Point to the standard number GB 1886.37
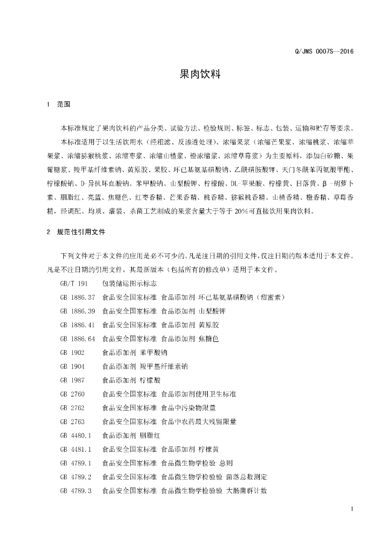pos(78,297)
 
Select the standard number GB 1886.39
pos(78,311)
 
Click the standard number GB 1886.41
pos(78,325)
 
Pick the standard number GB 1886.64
pos(78,339)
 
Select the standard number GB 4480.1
pos(76,435)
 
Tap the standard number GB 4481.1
pos(76,449)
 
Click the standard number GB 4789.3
pos(76,490)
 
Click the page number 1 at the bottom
pos(352,509)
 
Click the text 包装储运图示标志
pos(130,283)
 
